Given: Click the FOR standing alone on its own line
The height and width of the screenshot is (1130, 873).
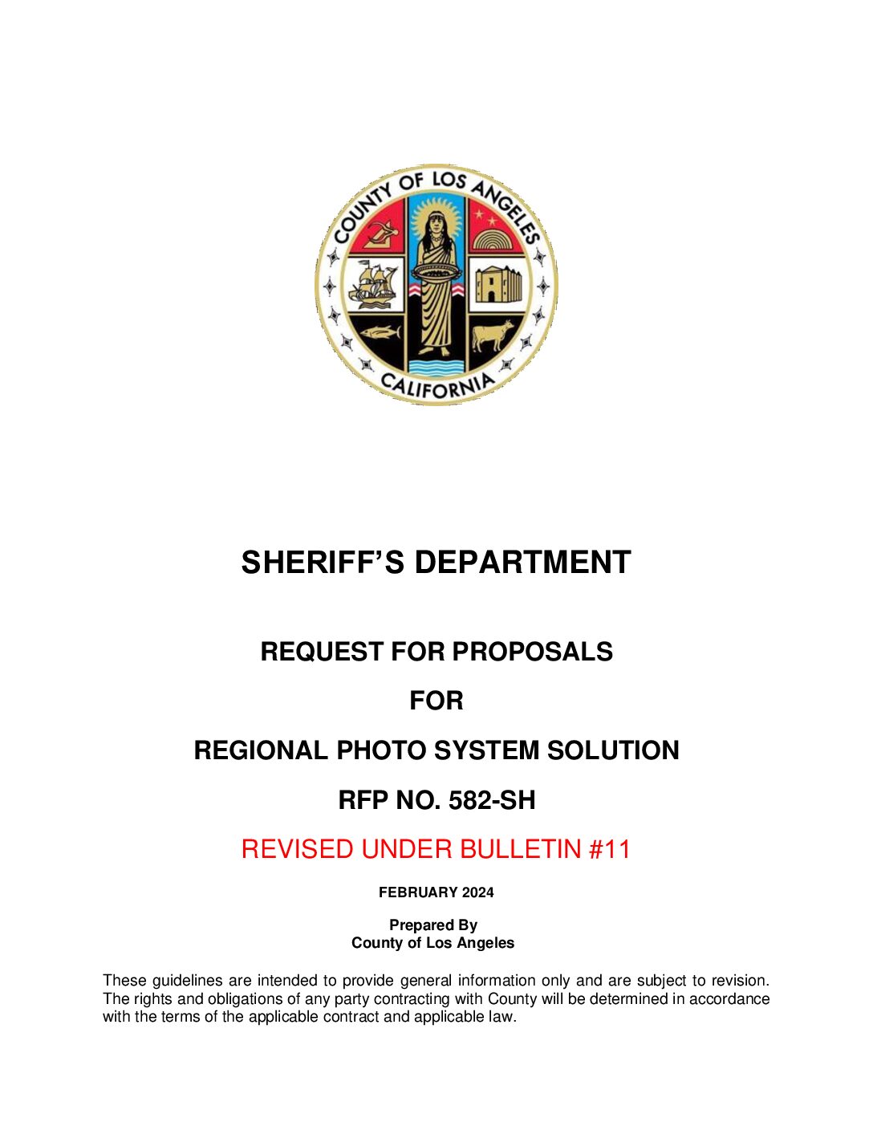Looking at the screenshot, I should point(436,701).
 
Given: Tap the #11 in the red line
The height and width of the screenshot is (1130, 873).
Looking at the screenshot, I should point(610,849).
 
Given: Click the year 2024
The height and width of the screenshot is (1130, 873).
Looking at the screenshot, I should point(478,892).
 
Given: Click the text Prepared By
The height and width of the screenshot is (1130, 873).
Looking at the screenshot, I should point(433,925).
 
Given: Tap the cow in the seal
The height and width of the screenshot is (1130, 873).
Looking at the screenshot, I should point(492,335).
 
